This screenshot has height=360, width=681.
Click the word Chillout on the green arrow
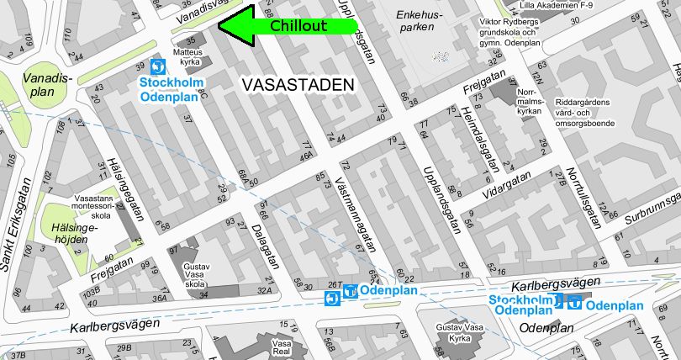pos(298,26)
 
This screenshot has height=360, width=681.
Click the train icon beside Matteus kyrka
pos(157,66)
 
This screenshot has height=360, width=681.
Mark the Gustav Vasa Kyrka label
pos(457,331)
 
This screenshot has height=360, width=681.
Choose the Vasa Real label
pos(281,348)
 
